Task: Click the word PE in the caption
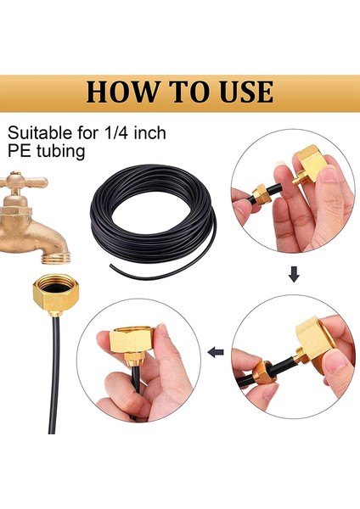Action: click(18, 153)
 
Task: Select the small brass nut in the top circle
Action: click(265, 193)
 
